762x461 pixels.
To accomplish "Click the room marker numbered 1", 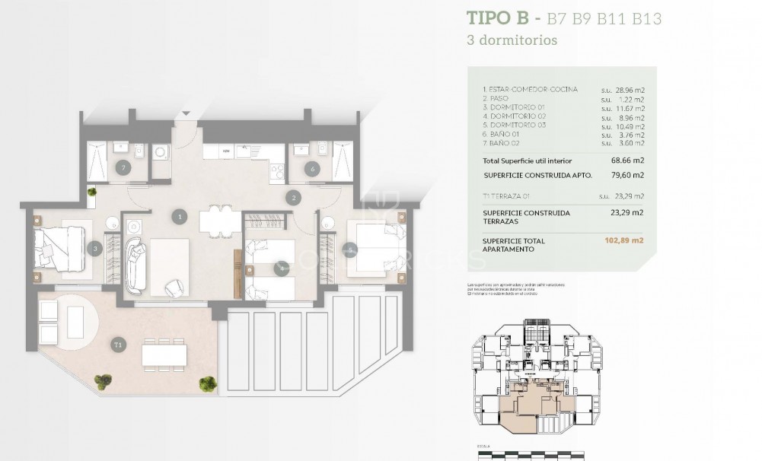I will [179, 217].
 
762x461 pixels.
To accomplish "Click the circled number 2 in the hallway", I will [294, 199].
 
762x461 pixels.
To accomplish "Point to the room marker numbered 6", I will [312, 168].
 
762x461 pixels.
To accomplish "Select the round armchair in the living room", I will [174, 287].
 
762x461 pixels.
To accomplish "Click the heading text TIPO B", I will [499, 18].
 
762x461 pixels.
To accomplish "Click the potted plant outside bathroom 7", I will [92, 193].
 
